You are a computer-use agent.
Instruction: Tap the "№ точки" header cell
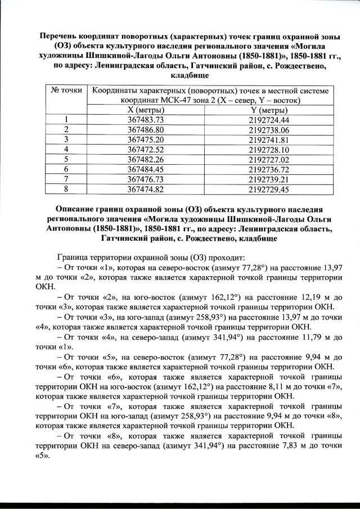pyautogui.click(x=66, y=90)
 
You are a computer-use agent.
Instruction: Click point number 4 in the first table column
pyautogui.click(x=66, y=149)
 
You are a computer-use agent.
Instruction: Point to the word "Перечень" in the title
pyautogui.click(x=60, y=35)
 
